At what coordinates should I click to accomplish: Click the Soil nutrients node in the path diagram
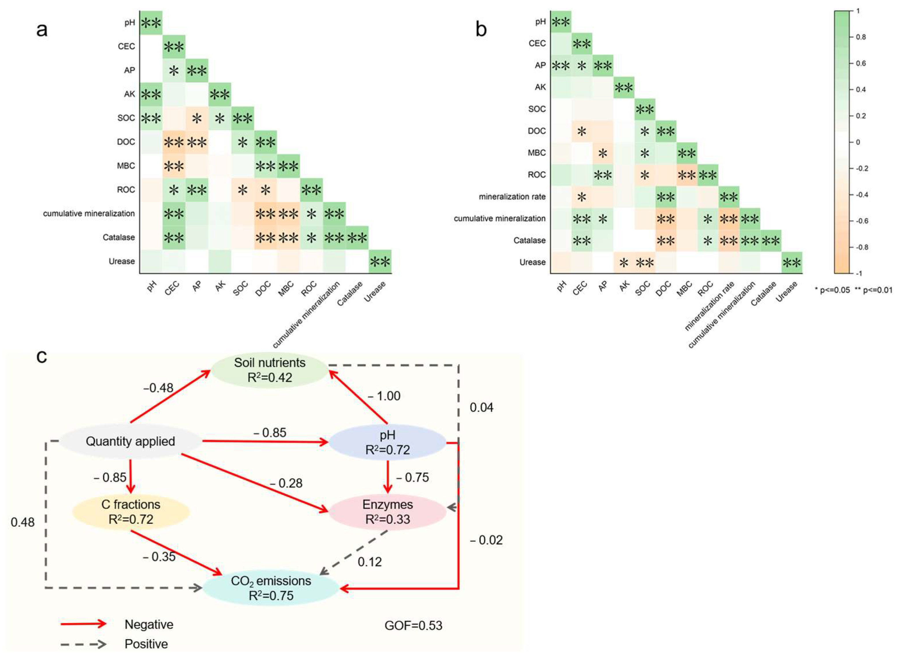[270, 370]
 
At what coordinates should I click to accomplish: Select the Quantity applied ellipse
[130, 441]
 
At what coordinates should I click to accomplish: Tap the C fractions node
[131, 512]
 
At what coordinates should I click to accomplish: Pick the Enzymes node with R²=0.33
[388, 512]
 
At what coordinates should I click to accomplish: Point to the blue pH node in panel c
[388, 442]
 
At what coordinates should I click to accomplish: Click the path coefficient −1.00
[384, 396]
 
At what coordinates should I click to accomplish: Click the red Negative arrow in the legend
[83, 624]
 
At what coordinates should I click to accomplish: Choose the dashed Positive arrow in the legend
[83, 644]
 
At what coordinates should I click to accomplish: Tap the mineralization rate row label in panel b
[512, 197]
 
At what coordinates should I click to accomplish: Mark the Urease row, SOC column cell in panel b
[645, 262]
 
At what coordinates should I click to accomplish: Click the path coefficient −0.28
[286, 483]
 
